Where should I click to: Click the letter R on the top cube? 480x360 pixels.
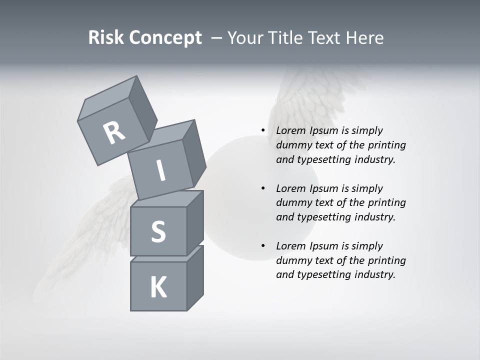(114, 132)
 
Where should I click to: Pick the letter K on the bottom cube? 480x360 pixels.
(158, 287)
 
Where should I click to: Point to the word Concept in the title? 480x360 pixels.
(165, 38)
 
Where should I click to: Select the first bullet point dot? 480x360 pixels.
(263, 131)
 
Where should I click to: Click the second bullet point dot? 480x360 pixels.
(263, 188)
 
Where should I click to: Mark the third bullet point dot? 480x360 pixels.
(263, 246)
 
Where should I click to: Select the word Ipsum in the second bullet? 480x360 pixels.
(325, 188)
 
